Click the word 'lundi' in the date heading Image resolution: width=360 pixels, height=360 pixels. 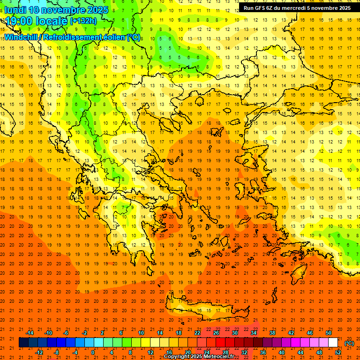15,10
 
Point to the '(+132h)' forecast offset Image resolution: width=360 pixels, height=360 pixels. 83,21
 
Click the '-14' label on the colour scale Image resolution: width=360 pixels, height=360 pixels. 30,333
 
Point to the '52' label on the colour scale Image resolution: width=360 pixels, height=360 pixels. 337,352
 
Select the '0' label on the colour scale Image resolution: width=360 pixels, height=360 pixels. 93,352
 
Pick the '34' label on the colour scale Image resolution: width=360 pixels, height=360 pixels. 254,333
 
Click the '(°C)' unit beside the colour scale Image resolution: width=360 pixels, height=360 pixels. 349,343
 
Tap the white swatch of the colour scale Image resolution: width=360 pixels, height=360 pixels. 333,343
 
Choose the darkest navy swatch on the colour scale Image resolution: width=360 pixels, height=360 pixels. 23,343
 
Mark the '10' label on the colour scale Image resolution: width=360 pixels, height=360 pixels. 141,333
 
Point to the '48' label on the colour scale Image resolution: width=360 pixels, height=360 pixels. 319,352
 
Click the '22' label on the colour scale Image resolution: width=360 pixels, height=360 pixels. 197,333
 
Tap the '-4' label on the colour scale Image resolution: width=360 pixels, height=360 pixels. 75,352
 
